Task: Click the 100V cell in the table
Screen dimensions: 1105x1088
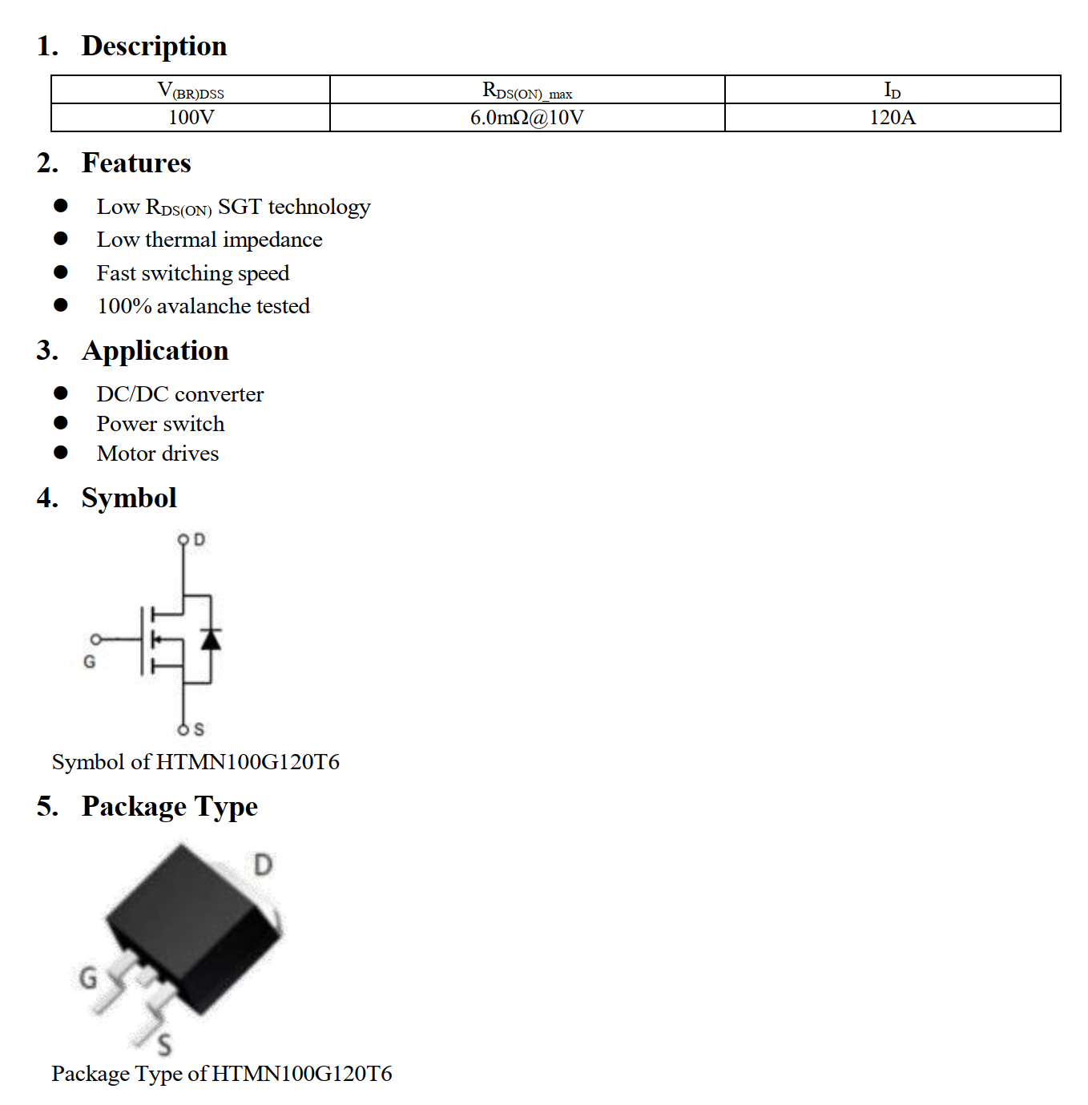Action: pos(191,118)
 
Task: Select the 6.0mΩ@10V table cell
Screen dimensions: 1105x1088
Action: pos(526,118)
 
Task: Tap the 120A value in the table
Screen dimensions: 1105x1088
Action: pos(892,118)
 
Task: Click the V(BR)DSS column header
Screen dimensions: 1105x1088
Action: pos(191,91)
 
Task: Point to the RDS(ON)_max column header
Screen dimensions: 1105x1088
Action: pos(526,91)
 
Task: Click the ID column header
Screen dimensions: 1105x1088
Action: pos(892,91)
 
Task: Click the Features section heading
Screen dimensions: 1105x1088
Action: pos(136,163)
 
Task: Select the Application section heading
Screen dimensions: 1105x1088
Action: pos(155,350)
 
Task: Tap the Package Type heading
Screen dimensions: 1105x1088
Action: pos(169,806)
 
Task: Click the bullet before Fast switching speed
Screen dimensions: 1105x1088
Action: pos(61,272)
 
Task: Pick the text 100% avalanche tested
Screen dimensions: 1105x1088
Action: pos(203,306)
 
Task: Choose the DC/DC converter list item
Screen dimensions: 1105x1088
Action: pos(179,394)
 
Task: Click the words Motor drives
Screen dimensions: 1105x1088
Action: pos(157,454)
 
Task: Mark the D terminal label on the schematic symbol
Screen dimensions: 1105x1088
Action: pos(199,540)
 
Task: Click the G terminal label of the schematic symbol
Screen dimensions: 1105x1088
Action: pos(90,662)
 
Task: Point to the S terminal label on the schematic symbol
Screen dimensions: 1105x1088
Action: pos(199,729)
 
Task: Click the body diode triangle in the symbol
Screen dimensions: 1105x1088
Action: pos(211,639)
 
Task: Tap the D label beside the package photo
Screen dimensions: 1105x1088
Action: pos(263,865)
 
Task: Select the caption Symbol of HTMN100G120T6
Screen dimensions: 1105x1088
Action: pos(195,761)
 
